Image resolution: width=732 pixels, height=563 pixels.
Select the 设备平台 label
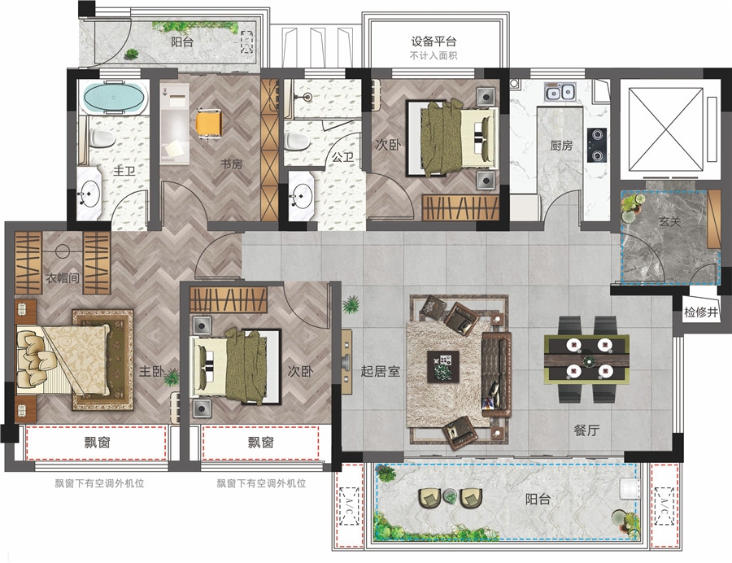[434, 41]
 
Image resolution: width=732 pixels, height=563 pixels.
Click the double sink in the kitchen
[560, 91]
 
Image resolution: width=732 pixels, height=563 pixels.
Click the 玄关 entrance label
[669, 221]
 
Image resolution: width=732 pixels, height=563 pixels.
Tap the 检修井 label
[700, 312]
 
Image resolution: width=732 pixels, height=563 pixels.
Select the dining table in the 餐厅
[586, 359]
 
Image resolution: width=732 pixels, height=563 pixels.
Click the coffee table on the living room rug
[443, 366]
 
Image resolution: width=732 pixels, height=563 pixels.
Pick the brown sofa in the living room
[496, 374]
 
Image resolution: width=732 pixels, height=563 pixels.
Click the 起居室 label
[381, 371]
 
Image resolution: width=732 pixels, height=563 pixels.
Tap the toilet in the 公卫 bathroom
[297, 141]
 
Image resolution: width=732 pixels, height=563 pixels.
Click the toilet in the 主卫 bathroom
[102, 137]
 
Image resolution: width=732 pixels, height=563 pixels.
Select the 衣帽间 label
[63, 277]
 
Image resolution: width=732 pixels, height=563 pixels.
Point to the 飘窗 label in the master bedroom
[97, 442]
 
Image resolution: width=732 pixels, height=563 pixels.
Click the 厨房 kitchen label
[561, 145]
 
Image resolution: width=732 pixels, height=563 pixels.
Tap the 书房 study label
[232, 164]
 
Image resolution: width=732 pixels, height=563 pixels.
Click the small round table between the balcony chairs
[450, 495]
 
